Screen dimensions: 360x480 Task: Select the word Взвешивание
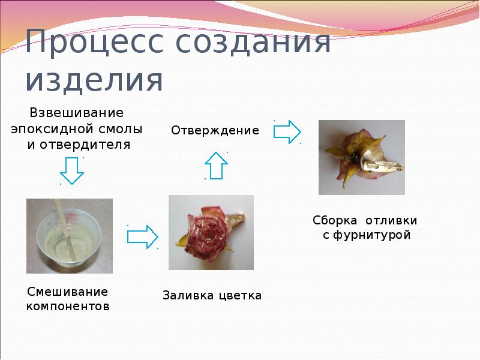click(77, 113)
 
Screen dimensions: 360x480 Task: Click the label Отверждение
click(215, 130)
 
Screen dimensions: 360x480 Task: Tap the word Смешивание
click(68, 292)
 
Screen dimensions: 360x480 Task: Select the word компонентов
click(68, 307)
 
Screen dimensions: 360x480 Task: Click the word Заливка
click(187, 295)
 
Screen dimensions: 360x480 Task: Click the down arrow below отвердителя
click(72, 170)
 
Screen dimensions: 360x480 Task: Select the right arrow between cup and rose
click(142, 236)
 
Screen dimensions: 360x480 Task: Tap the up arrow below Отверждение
click(216, 164)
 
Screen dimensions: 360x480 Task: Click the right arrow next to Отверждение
click(287, 131)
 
